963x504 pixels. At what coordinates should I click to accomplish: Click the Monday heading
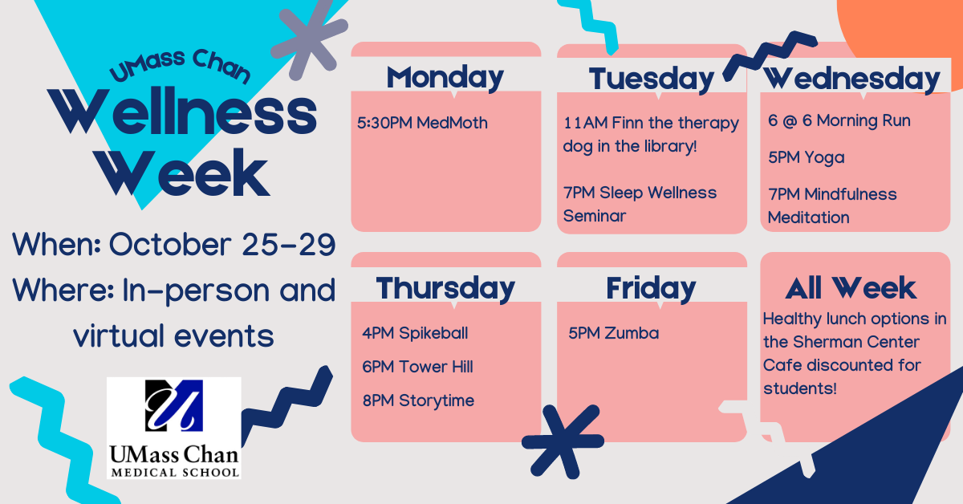(445, 79)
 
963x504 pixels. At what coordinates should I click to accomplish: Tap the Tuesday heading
(652, 80)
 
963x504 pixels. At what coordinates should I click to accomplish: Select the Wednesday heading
(852, 79)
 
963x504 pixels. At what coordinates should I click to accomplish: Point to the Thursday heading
(445, 289)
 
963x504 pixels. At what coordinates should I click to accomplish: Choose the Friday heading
(651, 289)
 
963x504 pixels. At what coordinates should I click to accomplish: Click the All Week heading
(851, 288)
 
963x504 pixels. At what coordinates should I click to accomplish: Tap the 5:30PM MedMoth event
(422, 123)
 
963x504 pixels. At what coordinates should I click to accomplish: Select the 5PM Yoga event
(806, 158)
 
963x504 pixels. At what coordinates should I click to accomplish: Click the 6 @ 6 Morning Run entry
(839, 121)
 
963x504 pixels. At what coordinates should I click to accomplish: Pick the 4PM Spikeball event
(415, 333)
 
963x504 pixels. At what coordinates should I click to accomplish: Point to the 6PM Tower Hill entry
(417, 367)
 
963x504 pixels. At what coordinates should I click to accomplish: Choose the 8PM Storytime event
(418, 400)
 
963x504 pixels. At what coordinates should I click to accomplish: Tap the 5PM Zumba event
(613, 333)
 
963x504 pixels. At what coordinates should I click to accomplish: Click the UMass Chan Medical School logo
(173, 429)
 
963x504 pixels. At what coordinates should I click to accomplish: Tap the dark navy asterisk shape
(563, 441)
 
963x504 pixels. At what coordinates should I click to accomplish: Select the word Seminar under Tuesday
(595, 216)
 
